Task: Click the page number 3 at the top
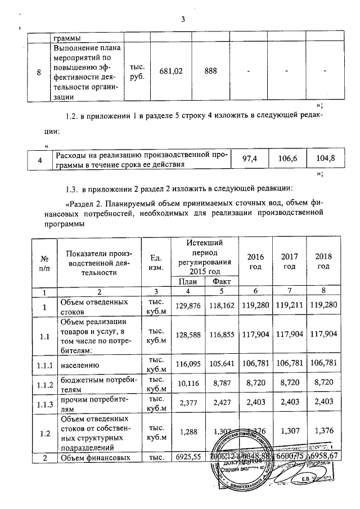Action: click(182, 20)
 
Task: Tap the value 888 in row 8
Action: click(211, 72)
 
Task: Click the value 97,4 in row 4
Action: click(250, 159)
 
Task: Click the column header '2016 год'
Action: click(255, 261)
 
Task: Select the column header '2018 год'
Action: click(323, 261)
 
